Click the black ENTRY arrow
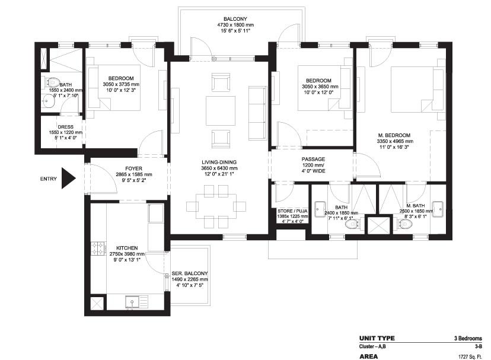[x=69, y=177]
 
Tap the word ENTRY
[x=49, y=179]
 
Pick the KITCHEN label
[x=127, y=247]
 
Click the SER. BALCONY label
[x=190, y=273]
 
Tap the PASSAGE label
[x=313, y=160]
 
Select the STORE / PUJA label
[x=291, y=211]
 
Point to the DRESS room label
[x=66, y=126]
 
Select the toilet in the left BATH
[x=52, y=82]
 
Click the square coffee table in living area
[x=221, y=110]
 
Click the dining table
[x=216, y=206]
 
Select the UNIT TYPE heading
[x=377, y=338]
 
